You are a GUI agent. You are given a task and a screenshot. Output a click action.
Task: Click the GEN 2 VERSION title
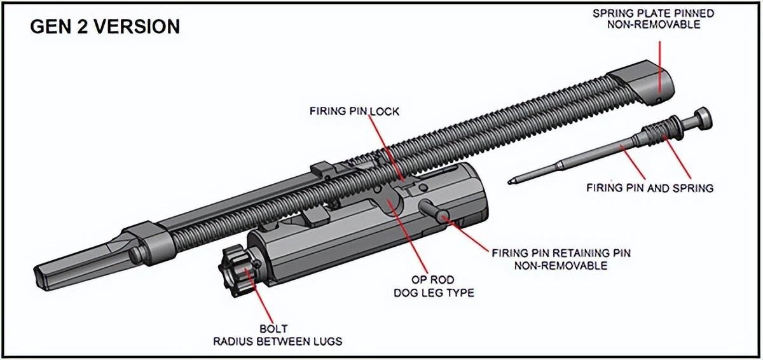coord(105,27)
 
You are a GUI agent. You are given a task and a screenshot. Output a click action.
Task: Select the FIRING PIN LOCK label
coord(354,112)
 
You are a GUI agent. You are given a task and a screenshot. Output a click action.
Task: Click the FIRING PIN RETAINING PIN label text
coord(560,253)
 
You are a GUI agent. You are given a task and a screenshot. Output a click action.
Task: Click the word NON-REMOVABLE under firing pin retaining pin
coord(560,265)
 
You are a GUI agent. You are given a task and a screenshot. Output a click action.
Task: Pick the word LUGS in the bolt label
coord(329,342)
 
